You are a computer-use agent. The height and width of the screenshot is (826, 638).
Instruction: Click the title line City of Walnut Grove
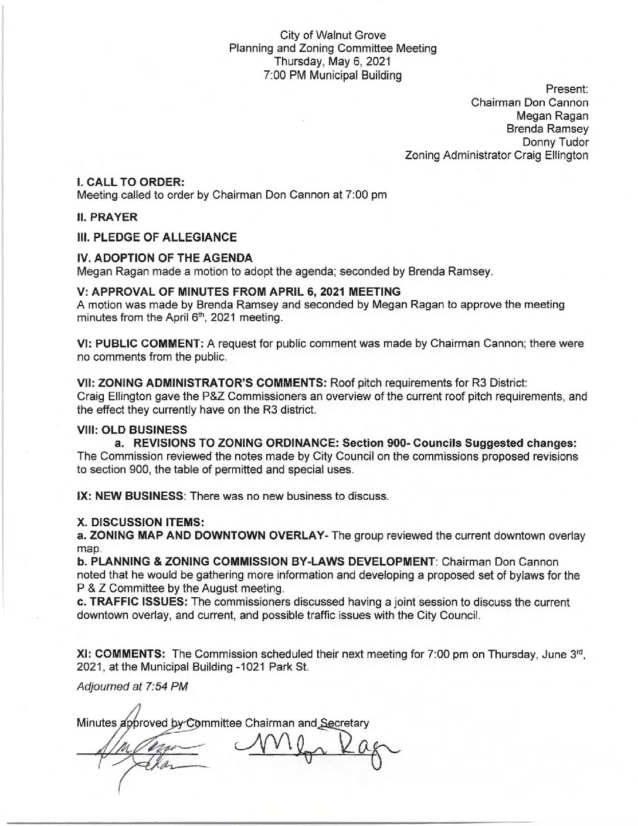[332, 36]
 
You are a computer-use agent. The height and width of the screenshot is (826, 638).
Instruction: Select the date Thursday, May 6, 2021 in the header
[332, 62]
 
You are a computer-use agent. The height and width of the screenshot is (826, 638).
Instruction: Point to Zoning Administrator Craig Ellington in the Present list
[496, 155]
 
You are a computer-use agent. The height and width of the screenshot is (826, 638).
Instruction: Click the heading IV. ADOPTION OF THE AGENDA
[165, 258]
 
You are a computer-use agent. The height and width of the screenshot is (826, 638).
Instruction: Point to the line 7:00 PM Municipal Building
[332, 75]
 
